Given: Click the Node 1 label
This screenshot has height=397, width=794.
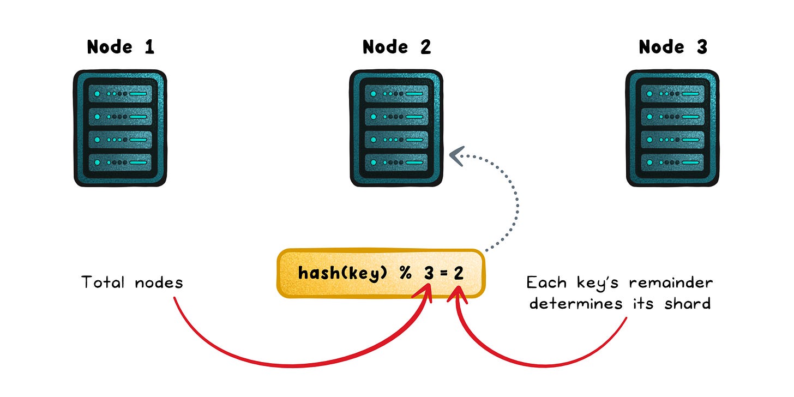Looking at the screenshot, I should coord(121,47).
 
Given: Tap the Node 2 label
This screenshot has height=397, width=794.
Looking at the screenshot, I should coord(396,47).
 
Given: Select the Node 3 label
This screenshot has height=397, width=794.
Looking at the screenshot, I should coord(672,47).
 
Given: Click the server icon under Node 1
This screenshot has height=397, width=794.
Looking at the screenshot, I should coord(121,128).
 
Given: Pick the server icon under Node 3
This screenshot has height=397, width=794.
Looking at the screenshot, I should coord(672,128).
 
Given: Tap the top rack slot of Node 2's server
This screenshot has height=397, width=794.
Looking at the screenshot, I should coord(396,94).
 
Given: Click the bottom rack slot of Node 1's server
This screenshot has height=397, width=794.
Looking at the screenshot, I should coord(121,162).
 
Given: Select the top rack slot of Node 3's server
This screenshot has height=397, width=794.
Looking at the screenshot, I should coord(672,94).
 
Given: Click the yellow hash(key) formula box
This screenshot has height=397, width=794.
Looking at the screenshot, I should coord(381,273).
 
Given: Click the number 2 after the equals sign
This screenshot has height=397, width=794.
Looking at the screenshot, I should coord(459,273).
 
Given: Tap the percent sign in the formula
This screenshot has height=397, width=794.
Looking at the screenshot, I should coord(405,273).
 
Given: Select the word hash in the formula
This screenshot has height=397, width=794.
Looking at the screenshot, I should coord(315,273).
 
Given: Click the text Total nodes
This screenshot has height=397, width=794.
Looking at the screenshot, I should coord(132,282).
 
